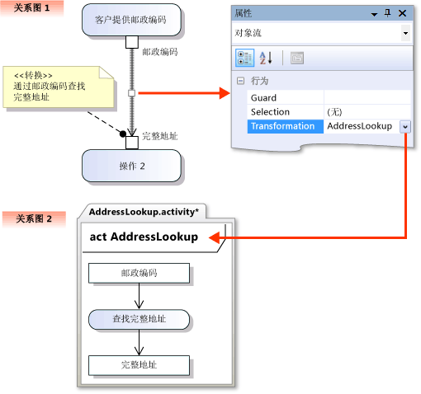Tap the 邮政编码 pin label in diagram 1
pyautogui.click(x=159, y=51)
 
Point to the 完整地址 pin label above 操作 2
pyautogui.click(x=159, y=136)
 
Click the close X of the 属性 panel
pyautogui.click(x=403, y=13)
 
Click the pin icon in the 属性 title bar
pyautogui.click(x=387, y=13)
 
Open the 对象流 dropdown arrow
pyautogui.click(x=405, y=33)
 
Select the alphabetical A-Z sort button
pyautogui.click(x=266, y=58)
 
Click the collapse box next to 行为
pyautogui.click(x=240, y=81)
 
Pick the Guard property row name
pyautogui.click(x=264, y=97)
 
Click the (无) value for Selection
pyautogui.click(x=335, y=112)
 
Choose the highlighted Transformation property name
pyautogui.click(x=282, y=126)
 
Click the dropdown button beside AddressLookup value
pyautogui.click(x=405, y=126)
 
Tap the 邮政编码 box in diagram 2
pyautogui.click(x=139, y=273)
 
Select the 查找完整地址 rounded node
pyautogui.click(x=139, y=318)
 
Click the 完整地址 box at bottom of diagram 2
pyautogui.click(x=139, y=364)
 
